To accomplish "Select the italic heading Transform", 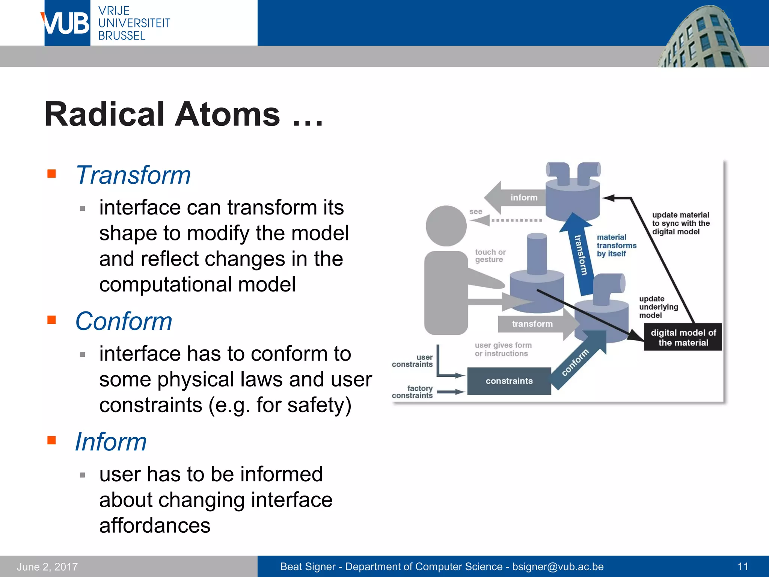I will pyautogui.click(x=133, y=175).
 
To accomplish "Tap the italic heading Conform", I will pyautogui.click(x=124, y=322).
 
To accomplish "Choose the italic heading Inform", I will pyautogui.click(x=111, y=442).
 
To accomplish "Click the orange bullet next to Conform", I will pyautogui.click(x=52, y=320).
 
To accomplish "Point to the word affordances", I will pyautogui.click(x=155, y=525).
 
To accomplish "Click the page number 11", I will pyautogui.click(x=743, y=566).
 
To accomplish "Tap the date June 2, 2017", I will pyautogui.click(x=47, y=566).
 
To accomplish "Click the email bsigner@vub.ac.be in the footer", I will pyautogui.click(x=558, y=566).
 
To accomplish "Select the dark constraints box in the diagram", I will pyautogui.click(x=509, y=381).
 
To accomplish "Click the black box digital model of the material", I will pyautogui.click(x=683, y=337).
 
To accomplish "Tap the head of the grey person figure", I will pyautogui.click(x=446, y=226).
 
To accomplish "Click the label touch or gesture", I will pyautogui.click(x=490, y=256).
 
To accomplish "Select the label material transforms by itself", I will pyautogui.click(x=616, y=245).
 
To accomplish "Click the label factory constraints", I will pyautogui.click(x=413, y=392).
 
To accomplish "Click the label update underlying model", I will pyautogui.click(x=658, y=307).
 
